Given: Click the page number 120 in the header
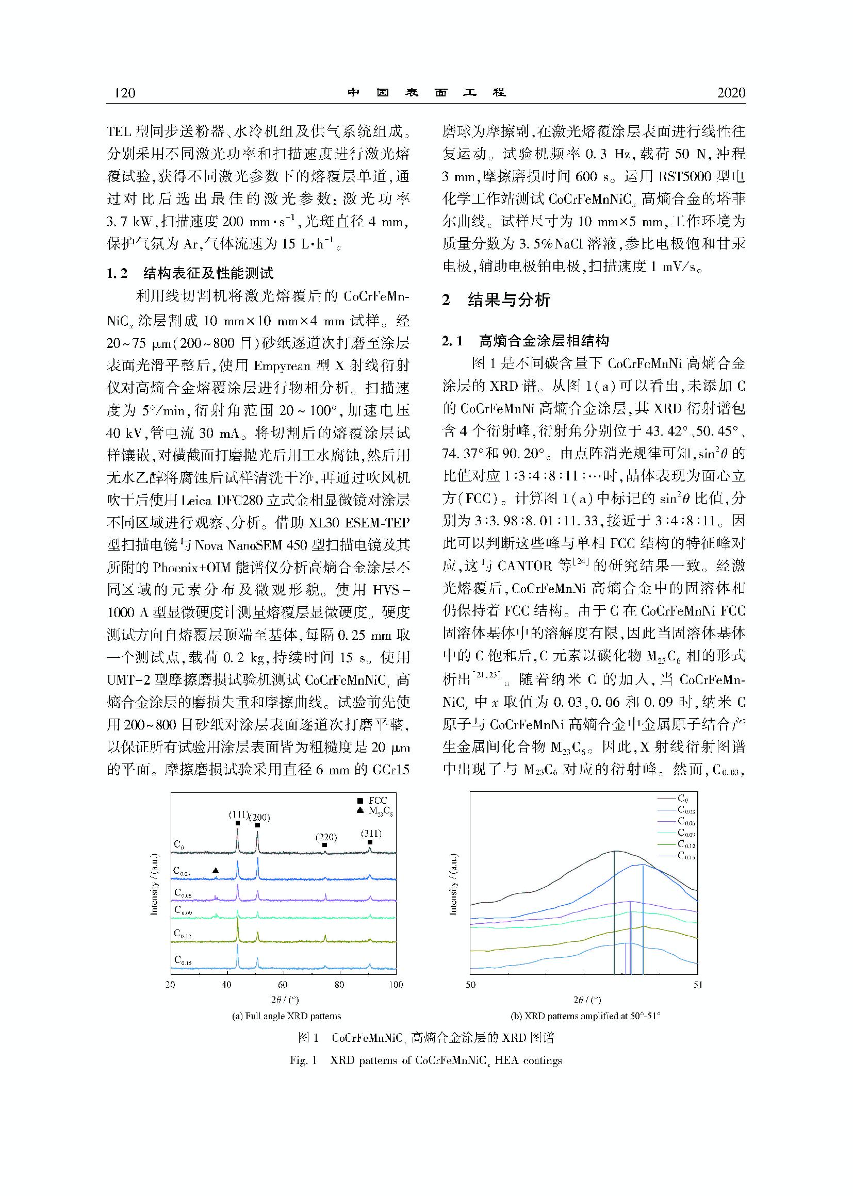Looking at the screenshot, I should tap(125, 93).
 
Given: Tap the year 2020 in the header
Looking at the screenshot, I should tap(731, 93).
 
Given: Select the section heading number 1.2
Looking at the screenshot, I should tap(117, 273).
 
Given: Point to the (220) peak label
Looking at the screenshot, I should tap(326, 837).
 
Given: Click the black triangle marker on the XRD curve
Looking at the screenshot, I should tap(216, 870).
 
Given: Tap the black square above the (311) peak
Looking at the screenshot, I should tap(370, 842).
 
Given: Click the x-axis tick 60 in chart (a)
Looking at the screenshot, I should tap(283, 985).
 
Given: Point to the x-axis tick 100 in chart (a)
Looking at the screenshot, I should tap(396, 985).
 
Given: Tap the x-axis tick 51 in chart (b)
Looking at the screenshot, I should tap(697, 985).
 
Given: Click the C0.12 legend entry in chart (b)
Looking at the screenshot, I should tap(685, 844).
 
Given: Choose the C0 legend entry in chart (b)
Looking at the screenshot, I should tap(682, 799).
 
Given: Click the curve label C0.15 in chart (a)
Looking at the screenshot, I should tap(183, 960).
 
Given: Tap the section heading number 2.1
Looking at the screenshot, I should tap(452, 341).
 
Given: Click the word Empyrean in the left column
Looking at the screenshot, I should tap(284, 366).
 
